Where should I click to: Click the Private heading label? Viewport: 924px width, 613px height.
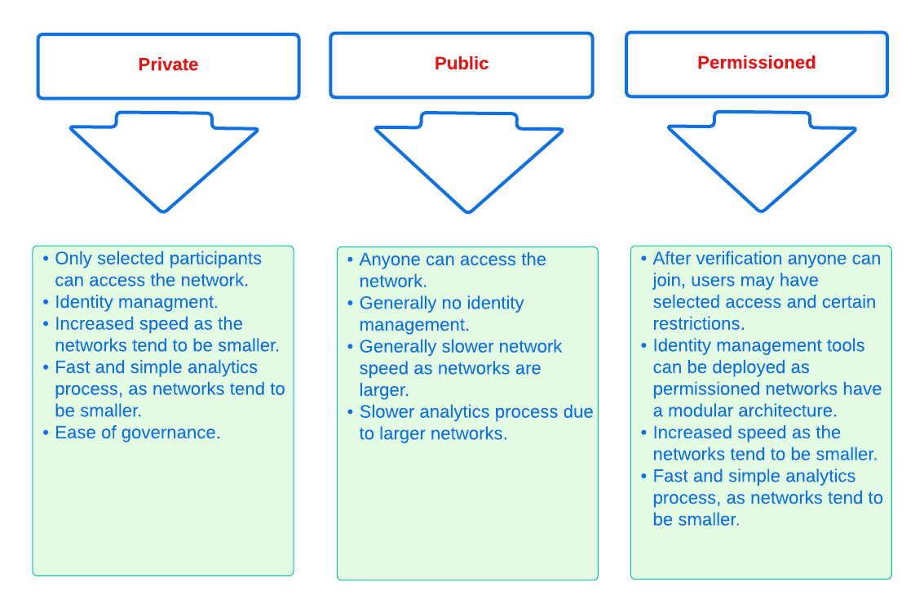pos(168,65)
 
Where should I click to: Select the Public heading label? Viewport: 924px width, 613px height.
pos(462,64)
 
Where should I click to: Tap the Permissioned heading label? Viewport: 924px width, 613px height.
pos(756,63)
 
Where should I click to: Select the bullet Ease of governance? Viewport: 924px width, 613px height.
pos(137,433)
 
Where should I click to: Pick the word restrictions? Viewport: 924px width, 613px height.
pos(698,323)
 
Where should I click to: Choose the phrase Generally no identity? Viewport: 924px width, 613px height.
pos(441,303)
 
